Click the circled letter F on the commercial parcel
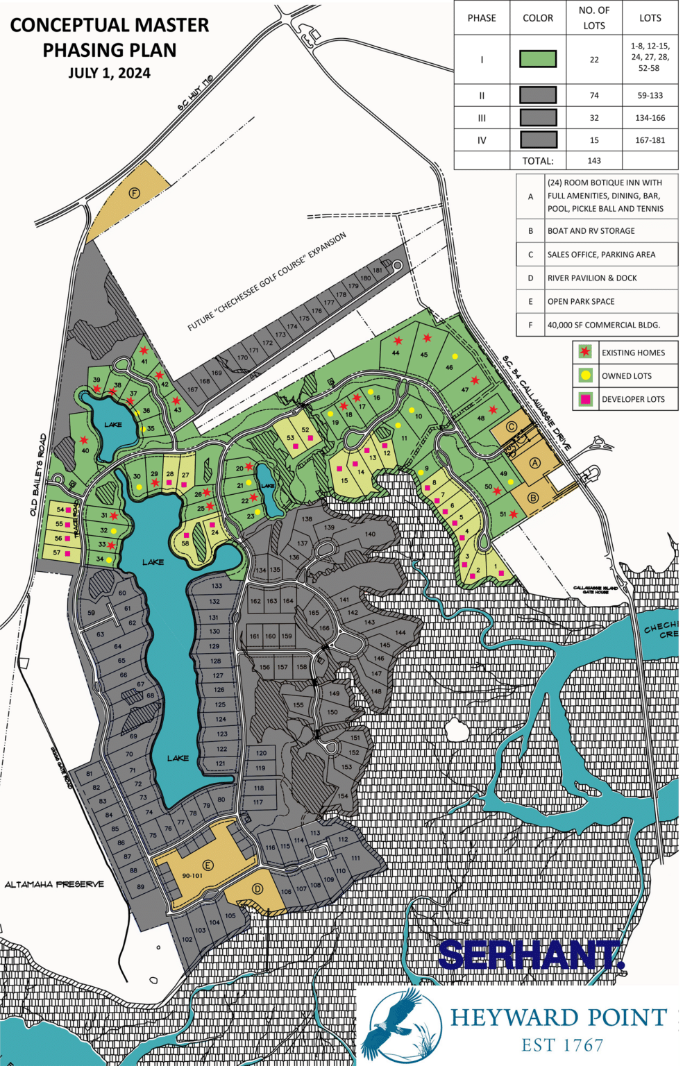tap(135, 193)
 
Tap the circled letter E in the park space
tap(208, 865)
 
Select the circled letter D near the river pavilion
tap(258, 888)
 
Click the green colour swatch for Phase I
tap(538, 59)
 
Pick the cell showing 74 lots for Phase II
tap(594, 96)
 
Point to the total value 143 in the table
tap(594, 160)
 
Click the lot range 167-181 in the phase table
tap(650, 140)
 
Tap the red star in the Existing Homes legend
tap(585, 352)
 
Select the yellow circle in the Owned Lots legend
tap(585, 375)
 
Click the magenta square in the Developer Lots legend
tap(585, 399)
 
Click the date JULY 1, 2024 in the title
tap(109, 74)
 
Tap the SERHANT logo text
tap(531, 955)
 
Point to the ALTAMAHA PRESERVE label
tap(54, 884)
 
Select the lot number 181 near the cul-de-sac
tap(378, 270)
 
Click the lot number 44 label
tap(396, 353)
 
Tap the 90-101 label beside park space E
tap(192, 876)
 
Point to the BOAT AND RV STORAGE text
tap(591, 231)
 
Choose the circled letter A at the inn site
tap(534, 463)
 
